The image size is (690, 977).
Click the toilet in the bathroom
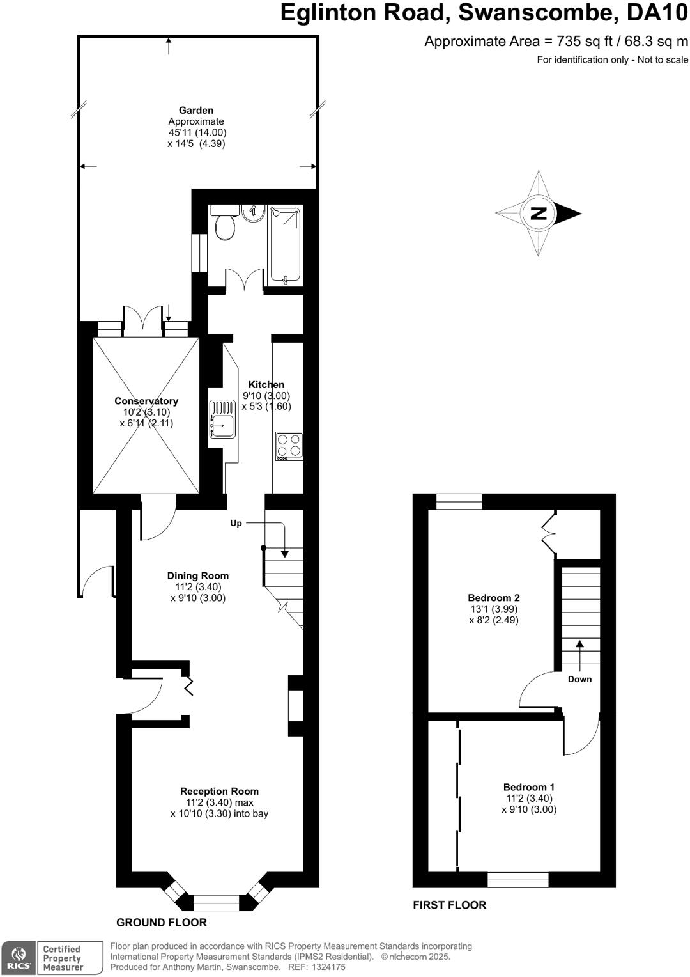(225, 226)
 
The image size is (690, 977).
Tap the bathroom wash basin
(254, 213)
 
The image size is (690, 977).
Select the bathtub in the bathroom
(284, 244)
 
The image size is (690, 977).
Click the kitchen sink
(221, 419)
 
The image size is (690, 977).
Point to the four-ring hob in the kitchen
(289, 446)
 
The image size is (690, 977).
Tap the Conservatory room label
(146, 401)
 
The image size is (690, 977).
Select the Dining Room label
(198, 575)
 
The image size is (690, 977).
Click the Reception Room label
(219, 791)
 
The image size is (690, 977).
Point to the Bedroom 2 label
(494, 598)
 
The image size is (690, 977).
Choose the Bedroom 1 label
(529, 787)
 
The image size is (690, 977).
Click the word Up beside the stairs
(236, 523)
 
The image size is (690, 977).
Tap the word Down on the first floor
(580, 679)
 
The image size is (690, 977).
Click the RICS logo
(19, 958)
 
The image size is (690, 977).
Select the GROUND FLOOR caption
(162, 922)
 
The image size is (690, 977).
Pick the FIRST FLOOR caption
(450, 905)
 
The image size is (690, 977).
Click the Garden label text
(196, 110)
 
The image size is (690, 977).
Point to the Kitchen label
(266, 384)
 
